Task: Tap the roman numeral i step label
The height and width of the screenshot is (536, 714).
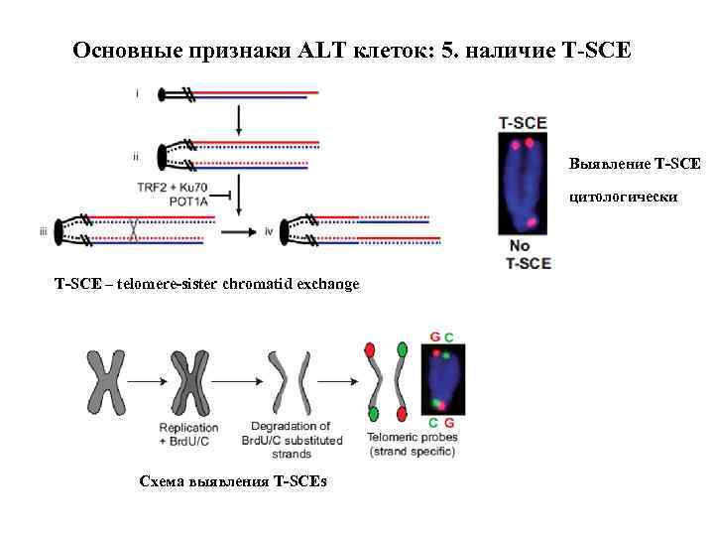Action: pos(137,94)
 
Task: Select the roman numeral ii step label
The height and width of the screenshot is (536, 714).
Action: pos(136,156)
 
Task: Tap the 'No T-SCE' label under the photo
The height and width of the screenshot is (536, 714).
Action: pos(527,254)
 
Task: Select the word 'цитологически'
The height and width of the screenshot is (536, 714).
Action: pos(623,197)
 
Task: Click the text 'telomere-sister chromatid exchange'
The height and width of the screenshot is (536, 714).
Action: pos(238,284)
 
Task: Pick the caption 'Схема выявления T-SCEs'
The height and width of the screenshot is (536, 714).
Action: pos(232,481)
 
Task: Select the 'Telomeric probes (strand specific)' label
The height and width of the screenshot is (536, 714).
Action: pos(412,445)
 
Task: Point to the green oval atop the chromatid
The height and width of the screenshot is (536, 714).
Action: pos(402,349)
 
